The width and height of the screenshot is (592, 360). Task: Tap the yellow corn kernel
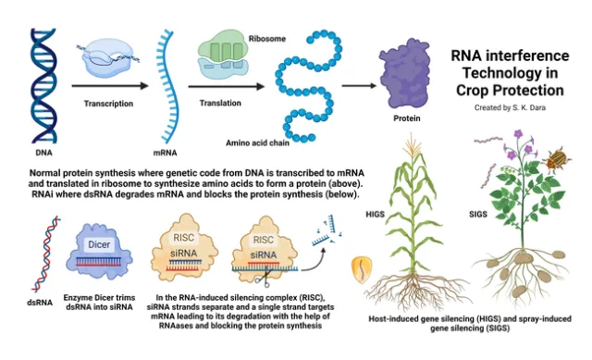point(362,270)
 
